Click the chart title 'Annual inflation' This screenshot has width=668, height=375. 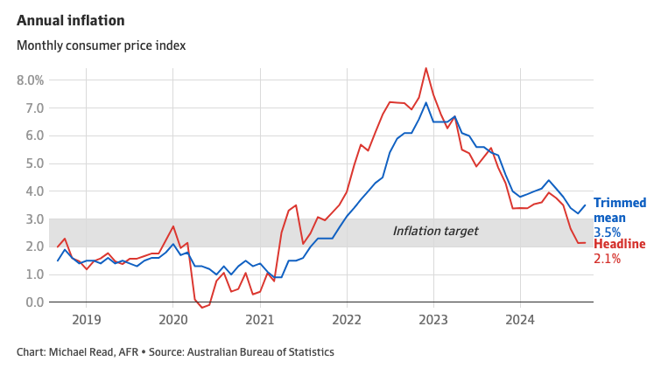point(70,20)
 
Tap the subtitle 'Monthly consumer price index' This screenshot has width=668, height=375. point(101,45)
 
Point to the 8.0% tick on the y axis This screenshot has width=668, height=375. point(30,80)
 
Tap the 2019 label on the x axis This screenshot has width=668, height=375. point(86,320)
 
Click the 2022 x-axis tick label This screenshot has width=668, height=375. point(347,320)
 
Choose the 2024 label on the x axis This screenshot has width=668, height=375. point(520,320)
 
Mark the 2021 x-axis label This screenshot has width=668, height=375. point(260,320)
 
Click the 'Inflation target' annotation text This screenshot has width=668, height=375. point(435,231)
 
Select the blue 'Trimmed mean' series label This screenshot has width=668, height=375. point(620,210)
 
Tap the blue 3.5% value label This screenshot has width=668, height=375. point(607,233)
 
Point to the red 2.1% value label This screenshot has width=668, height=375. point(607,259)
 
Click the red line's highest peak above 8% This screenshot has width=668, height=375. point(425,68)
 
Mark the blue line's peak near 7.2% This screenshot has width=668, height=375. point(426,102)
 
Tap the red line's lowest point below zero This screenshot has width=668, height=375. point(201,308)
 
